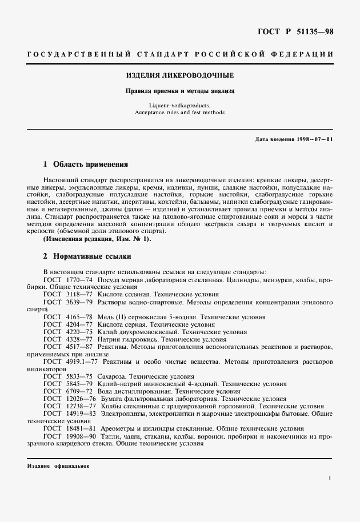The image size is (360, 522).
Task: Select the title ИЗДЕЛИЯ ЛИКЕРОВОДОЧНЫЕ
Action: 180,75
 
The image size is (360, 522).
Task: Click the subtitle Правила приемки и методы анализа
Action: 180,91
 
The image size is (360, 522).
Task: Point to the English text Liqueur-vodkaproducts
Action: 180,106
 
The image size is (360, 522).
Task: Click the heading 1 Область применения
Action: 86,164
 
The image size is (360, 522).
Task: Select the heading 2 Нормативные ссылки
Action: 83,256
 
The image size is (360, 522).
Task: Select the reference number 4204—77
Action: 79,324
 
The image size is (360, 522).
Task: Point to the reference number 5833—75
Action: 79,376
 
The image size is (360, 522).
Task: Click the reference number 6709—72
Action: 79,391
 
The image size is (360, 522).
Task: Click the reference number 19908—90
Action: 81,436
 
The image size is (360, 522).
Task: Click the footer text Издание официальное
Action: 58,465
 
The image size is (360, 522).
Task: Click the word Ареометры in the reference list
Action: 119,428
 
